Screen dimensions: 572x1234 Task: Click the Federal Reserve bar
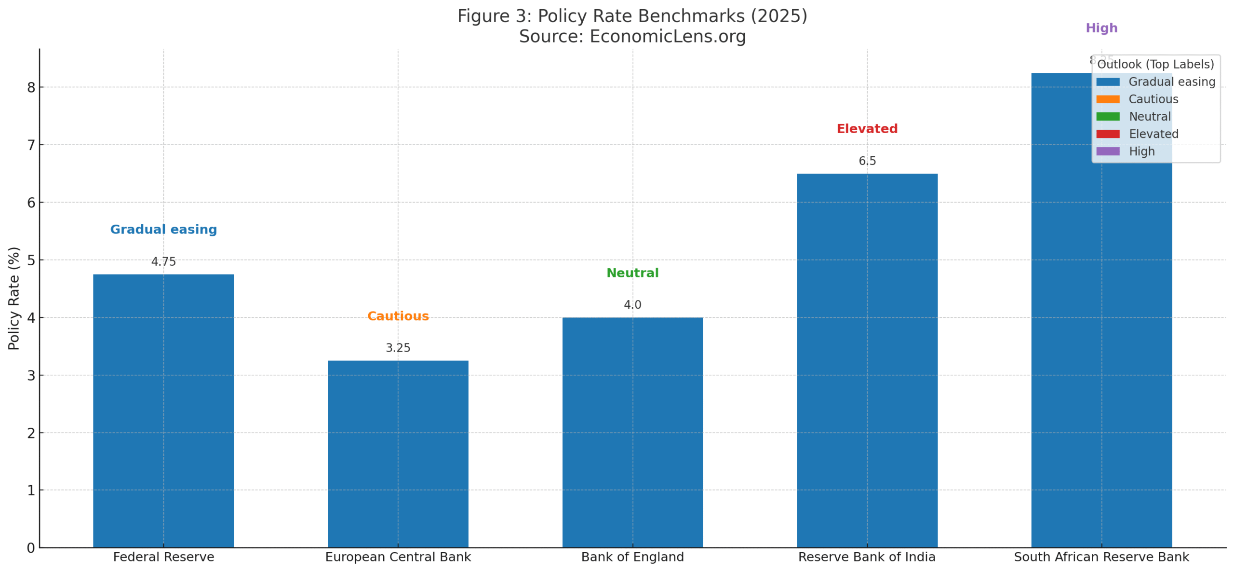(x=163, y=410)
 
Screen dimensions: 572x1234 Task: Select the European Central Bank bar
(x=398, y=453)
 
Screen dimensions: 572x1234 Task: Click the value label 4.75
(x=163, y=261)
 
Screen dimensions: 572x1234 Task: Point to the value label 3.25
(x=398, y=348)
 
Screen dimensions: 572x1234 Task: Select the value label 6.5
(x=867, y=161)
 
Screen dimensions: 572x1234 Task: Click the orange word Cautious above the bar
(x=398, y=316)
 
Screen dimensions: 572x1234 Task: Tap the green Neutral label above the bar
(x=632, y=273)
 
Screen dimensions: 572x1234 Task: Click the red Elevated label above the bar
(x=867, y=129)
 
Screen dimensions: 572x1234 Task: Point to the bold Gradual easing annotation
(x=163, y=230)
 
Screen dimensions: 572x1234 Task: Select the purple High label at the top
(x=1101, y=28)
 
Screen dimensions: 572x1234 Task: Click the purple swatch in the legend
(x=1107, y=151)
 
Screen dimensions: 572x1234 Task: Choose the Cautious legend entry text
(x=1153, y=99)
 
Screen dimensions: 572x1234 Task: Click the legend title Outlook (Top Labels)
(x=1155, y=65)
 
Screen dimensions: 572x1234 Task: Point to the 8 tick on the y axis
(x=31, y=87)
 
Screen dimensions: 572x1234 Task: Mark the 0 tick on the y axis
(x=31, y=548)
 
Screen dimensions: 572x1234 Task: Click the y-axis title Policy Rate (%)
(x=14, y=298)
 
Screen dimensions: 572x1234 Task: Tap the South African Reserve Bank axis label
(x=1101, y=557)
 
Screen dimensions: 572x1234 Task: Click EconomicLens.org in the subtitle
(x=668, y=37)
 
